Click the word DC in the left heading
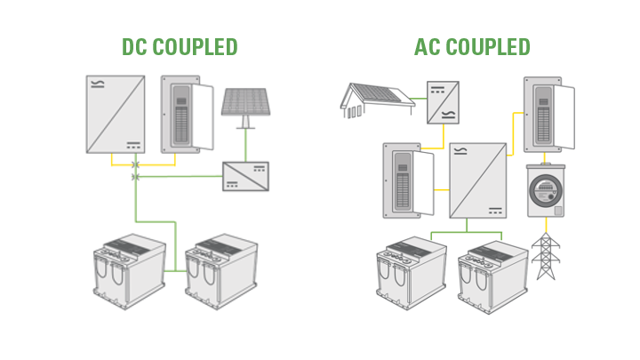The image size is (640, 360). [x=137, y=47]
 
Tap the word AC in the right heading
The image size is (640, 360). [x=428, y=47]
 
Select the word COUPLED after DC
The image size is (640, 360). [x=196, y=47]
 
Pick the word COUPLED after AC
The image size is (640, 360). [x=486, y=47]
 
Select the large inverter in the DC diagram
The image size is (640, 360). [x=116, y=115]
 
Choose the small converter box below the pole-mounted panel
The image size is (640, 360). [x=245, y=177]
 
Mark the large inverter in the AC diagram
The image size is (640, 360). [x=477, y=180]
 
